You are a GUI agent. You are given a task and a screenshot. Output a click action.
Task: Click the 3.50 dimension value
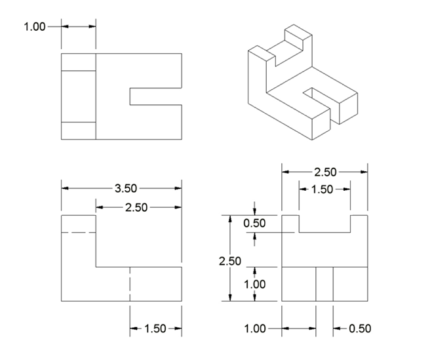tap(126, 188)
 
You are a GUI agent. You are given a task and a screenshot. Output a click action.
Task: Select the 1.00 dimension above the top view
tap(35, 27)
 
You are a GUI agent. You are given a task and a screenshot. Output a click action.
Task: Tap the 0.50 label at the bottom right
tap(361, 328)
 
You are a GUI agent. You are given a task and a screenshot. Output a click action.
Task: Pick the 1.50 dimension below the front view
tap(155, 329)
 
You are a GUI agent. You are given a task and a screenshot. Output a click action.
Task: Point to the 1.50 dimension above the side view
tap(323, 190)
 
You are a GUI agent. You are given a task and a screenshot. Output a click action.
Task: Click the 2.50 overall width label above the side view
tap(325, 172)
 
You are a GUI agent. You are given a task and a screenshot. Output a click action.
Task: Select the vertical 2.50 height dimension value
tap(230, 260)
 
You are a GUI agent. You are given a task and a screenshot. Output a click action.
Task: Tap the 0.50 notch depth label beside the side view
tap(254, 223)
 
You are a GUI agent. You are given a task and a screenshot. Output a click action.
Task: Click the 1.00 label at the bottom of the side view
tap(255, 328)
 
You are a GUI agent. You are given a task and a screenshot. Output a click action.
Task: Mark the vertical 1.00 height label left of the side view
tap(254, 284)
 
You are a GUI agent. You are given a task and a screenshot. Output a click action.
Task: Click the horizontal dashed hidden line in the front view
tap(79, 233)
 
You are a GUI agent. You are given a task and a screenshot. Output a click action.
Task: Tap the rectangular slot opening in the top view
tap(155, 96)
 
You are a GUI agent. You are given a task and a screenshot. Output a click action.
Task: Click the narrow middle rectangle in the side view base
tap(324, 284)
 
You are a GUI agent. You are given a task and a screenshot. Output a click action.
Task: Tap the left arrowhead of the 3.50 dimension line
tap(65, 188)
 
